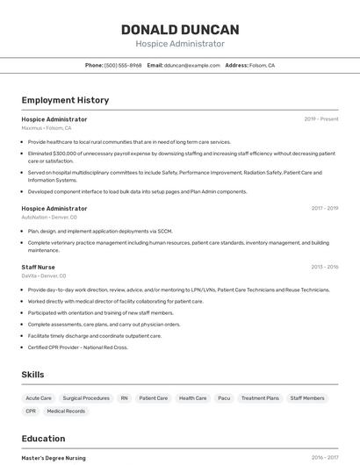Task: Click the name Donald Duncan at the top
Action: (x=180, y=30)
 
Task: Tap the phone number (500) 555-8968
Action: (x=123, y=65)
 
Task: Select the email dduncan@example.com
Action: (x=191, y=65)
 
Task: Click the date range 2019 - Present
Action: (x=321, y=118)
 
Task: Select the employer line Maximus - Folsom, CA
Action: (x=47, y=128)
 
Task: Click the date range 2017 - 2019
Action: (x=325, y=208)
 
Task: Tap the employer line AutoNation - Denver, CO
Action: (x=49, y=217)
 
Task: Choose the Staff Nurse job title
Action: (x=39, y=267)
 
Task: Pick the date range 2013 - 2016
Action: (x=325, y=267)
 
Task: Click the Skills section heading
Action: (x=32, y=375)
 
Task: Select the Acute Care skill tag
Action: (x=39, y=397)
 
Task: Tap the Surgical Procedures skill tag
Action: (x=86, y=397)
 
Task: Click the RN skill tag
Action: (x=125, y=397)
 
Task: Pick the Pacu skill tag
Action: (x=224, y=397)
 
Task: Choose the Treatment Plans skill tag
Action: (x=260, y=397)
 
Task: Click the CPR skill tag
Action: (x=31, y=411)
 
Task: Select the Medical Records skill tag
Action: (x=66, y=411)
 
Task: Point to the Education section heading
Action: (x=43, y=439)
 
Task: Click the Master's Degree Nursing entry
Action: (x=54, y=457)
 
